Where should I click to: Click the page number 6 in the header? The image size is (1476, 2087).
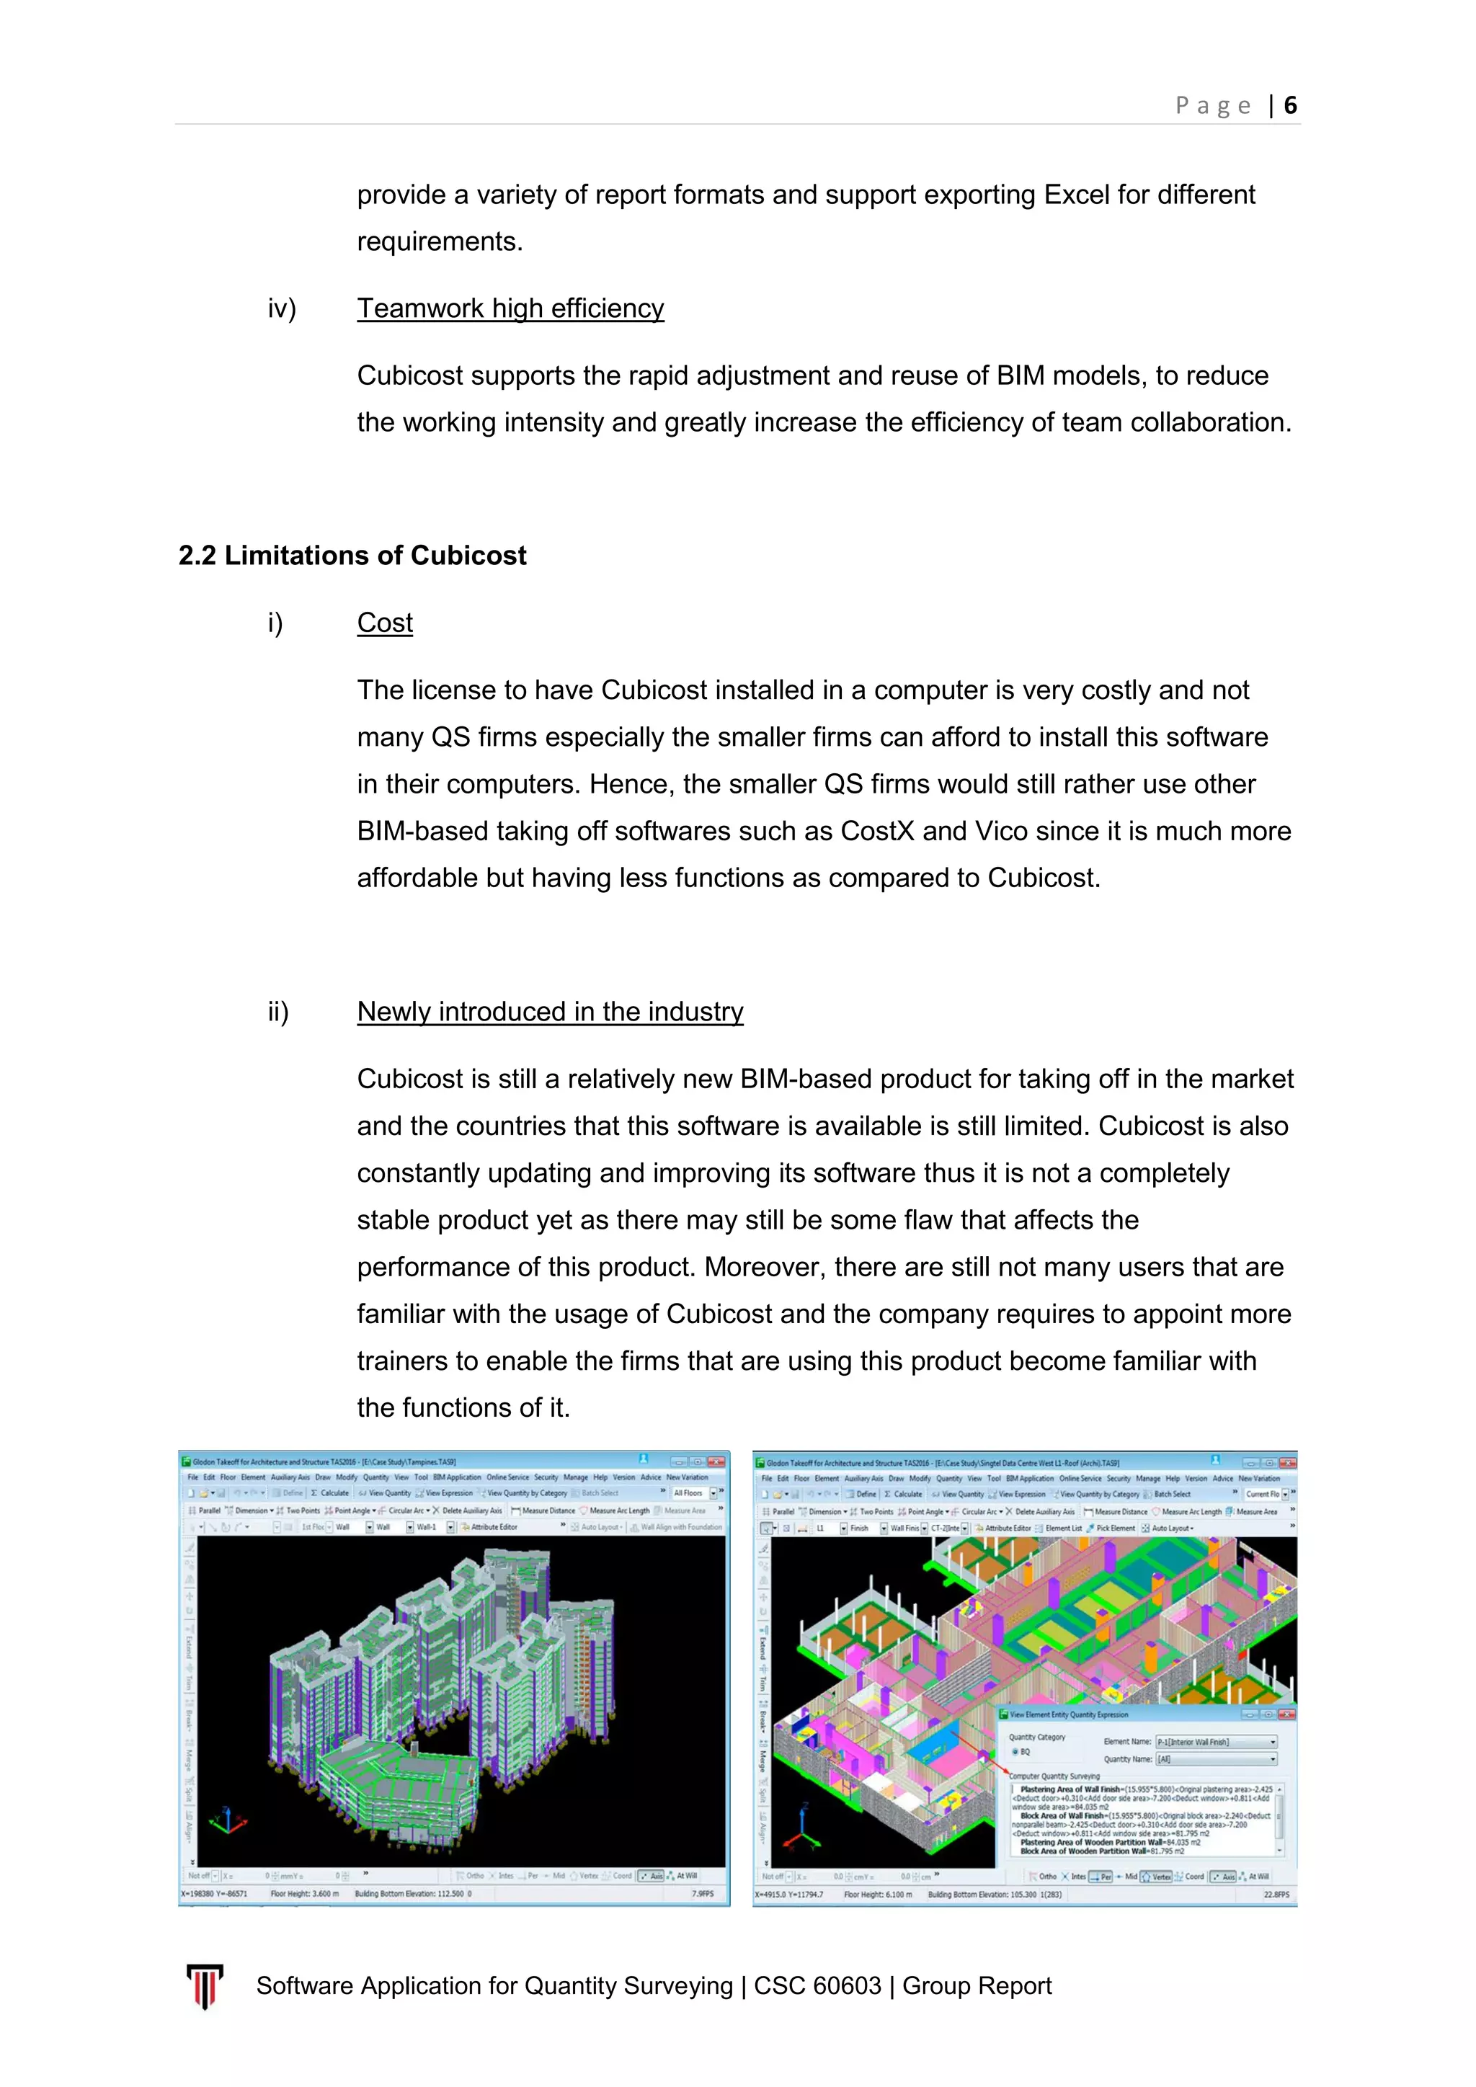[x=1289, y=105]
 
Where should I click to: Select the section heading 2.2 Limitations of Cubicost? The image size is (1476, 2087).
[x=352, y=556]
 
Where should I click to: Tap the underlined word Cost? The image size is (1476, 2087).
[x=384, y=623]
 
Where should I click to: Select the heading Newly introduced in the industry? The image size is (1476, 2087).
[x=550, y=1012]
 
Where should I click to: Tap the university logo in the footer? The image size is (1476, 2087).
[x=205, y=1985]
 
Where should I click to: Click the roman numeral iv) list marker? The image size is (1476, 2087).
[x=282, y=308]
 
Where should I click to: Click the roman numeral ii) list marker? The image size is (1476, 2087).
[x=278, y=1012]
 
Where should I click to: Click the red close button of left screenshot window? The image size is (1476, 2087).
[x=716, y=1461]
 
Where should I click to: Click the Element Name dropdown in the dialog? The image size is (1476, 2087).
[x=1215, y=1742]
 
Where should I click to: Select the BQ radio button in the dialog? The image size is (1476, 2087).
[x=1015, y=1752]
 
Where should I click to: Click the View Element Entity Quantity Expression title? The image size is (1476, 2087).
[x=1069, y=1714]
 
